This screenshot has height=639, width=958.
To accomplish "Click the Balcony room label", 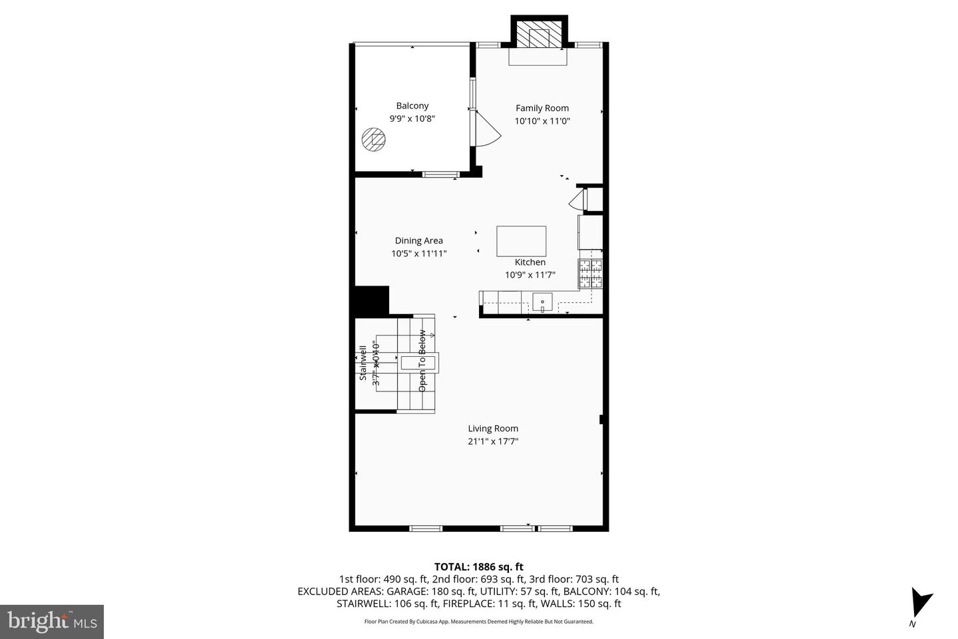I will [x=412, y=106].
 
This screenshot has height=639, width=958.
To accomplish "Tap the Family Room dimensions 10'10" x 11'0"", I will [x=542, y=121].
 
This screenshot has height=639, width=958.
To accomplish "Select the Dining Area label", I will [x=418, y=241].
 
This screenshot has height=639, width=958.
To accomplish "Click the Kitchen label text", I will [x=530, y=262].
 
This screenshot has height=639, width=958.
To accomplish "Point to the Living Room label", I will [x=492, y=429].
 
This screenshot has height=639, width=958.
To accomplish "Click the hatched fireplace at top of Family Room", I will [x=538, y=37].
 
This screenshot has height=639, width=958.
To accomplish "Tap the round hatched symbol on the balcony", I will [x=373, y=140].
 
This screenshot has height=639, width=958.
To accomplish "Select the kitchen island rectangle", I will [x=521, y=241].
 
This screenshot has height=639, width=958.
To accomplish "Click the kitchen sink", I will [x=542, y=304].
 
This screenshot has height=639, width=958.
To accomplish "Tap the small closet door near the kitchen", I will [x=577, y=200].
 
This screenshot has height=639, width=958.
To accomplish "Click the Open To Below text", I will [x=422, y=360].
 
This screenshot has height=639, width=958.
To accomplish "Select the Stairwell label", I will [x=363, y=363].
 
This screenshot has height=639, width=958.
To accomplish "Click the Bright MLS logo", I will [x=51, y=622].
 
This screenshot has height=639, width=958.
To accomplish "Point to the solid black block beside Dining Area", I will [x=371, y=300].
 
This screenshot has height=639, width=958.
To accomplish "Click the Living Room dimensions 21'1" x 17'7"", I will [x=492, y=441].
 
